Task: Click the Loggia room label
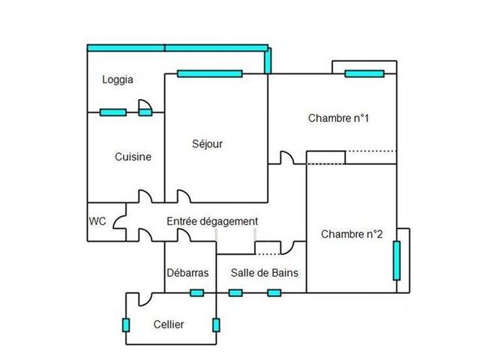click(x=118, y=79)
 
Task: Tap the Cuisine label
click(x=133, y=157)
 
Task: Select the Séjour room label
click(x=207, y=143)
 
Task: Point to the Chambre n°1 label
click(x=339, y=118)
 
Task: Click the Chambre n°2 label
click(x=352, y=234)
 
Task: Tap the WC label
click(x=97, y=221)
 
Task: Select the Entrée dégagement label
click(x=212, y=221)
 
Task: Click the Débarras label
click(x=187, y=273)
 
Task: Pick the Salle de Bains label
click(x=264, y=273)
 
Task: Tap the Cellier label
click(x=168, y=324)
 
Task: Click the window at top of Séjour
click(x=210, y=73)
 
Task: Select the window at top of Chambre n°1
click(x=364, y=73)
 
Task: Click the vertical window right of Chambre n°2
click(x=397, y=259)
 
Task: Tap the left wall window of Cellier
click(x=125, y=325)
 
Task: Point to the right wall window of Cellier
click(x=216, y=325)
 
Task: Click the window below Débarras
click(x=196, y=292)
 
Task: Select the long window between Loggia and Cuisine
click(x=112, y=112)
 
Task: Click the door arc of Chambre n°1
click(x=286, y=158)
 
